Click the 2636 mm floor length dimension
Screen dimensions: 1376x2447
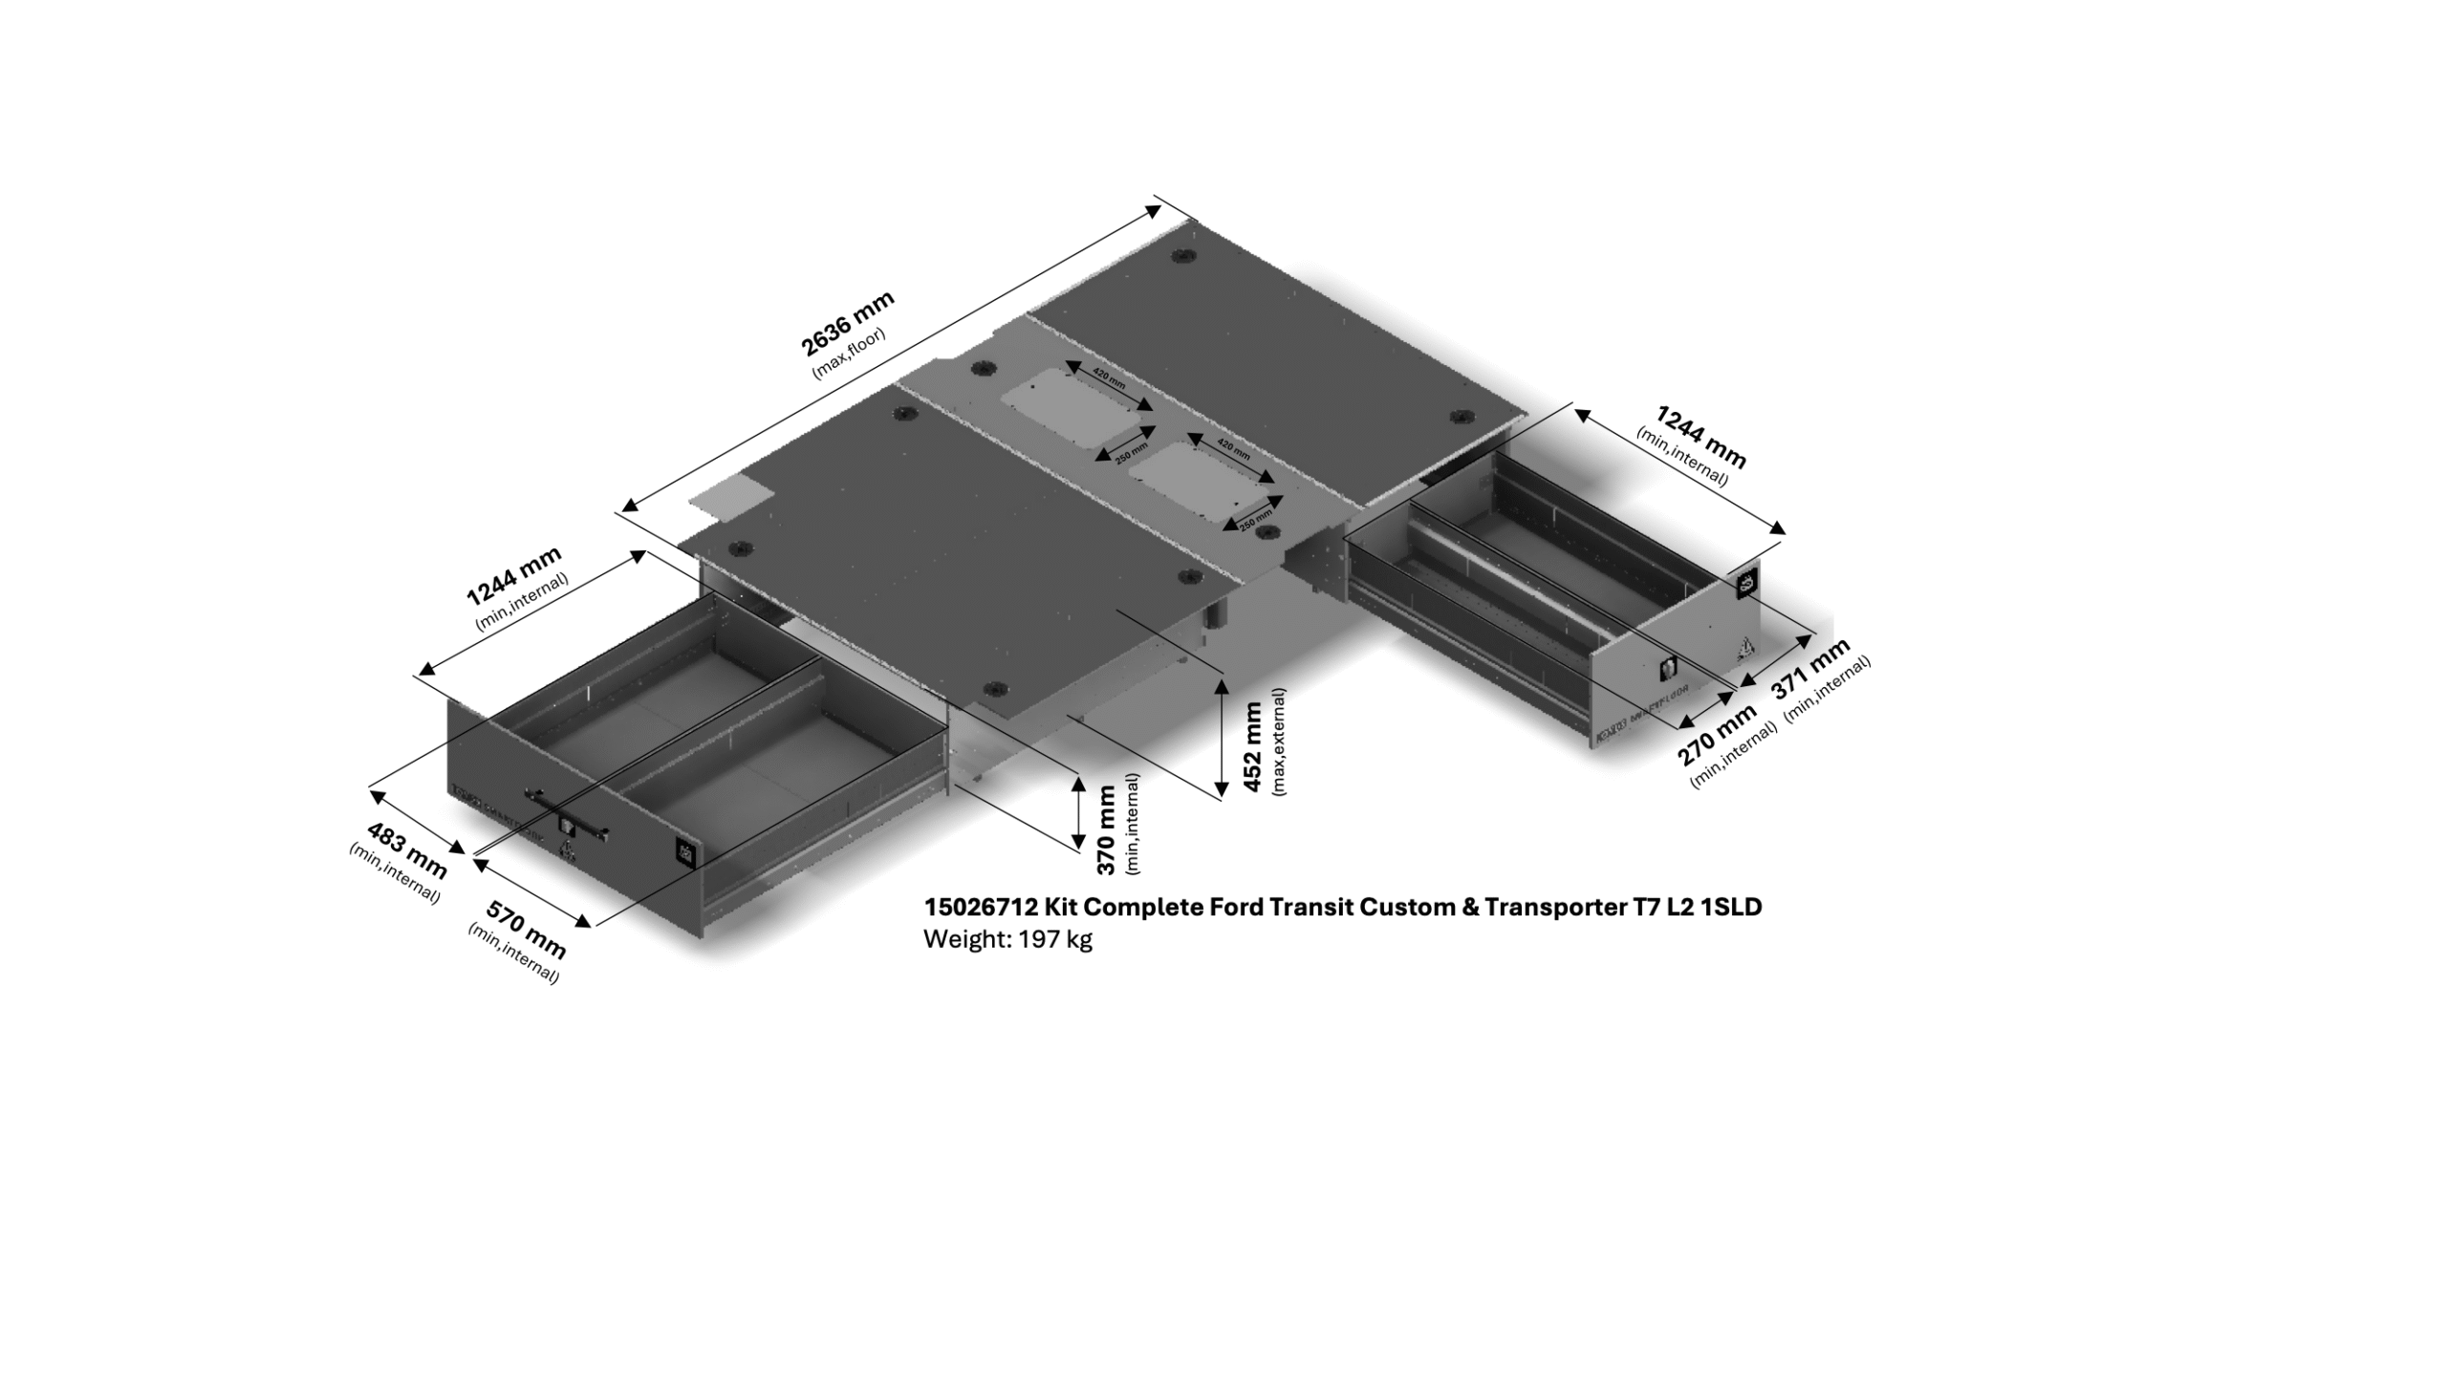[847, 322]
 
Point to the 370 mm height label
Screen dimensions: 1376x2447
[1107, 829]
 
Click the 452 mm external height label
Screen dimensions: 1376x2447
[1253, 746]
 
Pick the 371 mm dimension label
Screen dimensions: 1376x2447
[1811, 669]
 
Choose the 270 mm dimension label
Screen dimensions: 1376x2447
[1718, 734]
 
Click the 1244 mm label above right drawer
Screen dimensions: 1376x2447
[1700, 437]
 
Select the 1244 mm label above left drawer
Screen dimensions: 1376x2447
[513, 576]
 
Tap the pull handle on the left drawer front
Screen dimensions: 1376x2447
[567, 813]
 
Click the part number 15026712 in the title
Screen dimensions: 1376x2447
[980, 907]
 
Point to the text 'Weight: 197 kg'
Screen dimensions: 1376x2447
[1007, 939]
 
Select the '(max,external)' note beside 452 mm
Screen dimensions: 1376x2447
[1279, 742]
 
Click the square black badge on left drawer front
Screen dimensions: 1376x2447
[685, 850]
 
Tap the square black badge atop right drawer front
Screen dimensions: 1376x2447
[1746, 585]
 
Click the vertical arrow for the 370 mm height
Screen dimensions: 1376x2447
[1078, 811]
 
